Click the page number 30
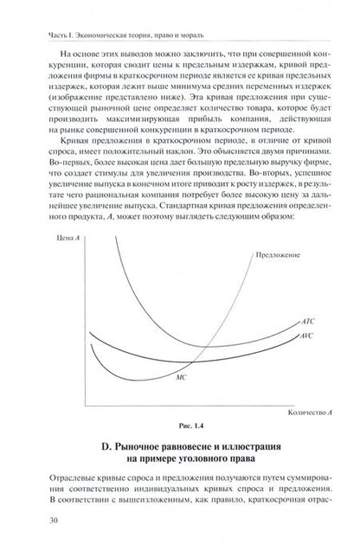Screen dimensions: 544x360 (x=32, y=521)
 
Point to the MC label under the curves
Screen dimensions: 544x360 (x=181, y=378)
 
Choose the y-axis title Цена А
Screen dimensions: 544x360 (x=43, y=237)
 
